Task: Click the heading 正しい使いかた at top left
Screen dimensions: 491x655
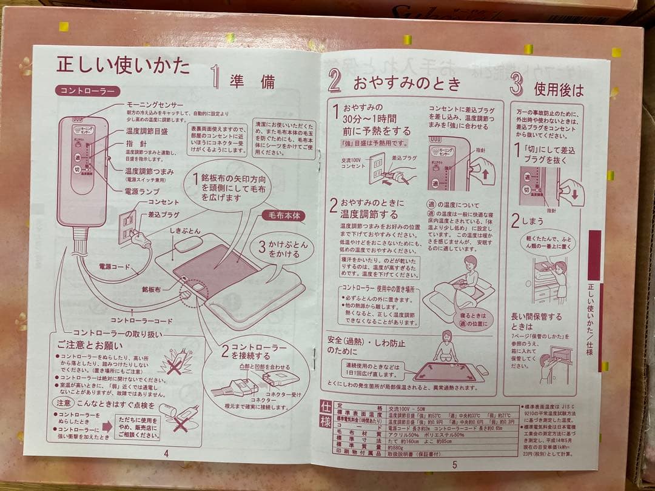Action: (123, 65)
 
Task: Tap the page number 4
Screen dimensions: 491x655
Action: (166, 452)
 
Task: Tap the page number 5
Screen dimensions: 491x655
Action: (454, 464)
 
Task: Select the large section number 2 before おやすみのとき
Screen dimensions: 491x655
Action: (336, 81)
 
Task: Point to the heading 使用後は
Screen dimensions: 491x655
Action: (559, 90)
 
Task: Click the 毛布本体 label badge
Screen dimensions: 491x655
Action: (283, 215)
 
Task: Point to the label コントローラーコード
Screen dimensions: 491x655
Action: (141, 319)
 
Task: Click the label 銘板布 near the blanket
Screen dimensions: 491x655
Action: (152, 290)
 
